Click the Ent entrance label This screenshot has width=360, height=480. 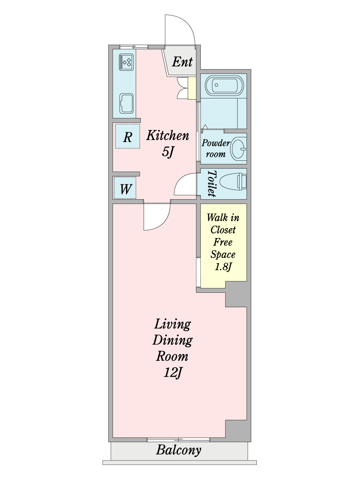tap(182, 62)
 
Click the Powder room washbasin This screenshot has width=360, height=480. tap(240, 148)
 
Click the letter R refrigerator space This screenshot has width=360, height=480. tap(127, 137)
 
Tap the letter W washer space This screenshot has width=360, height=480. tap(125, 188)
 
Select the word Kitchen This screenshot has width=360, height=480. tap(167, 136)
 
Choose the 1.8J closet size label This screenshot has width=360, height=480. tap(223, 267)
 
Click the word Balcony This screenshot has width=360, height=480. tap(178, 450)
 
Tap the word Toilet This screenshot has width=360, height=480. tap(212, 184)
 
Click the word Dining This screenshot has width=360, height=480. tap(172, 340)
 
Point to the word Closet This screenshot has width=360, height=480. tap(223, 230)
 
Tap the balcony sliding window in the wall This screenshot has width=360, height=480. tap(178, 440)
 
